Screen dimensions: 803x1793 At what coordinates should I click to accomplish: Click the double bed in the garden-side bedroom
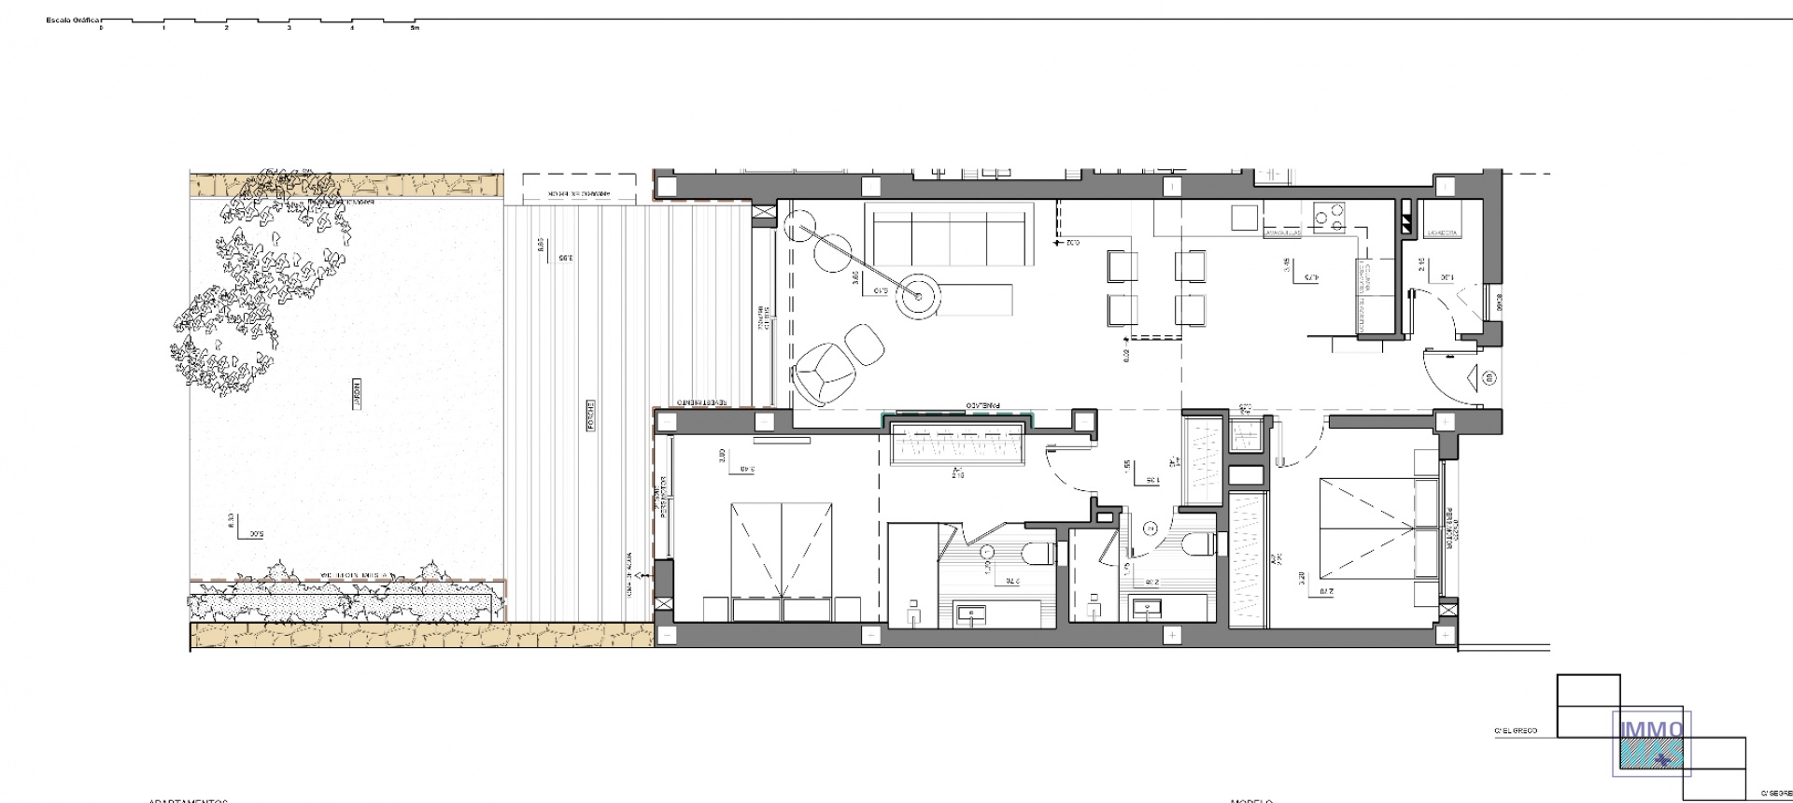782,551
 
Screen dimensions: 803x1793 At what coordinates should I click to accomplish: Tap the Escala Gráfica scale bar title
73,19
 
